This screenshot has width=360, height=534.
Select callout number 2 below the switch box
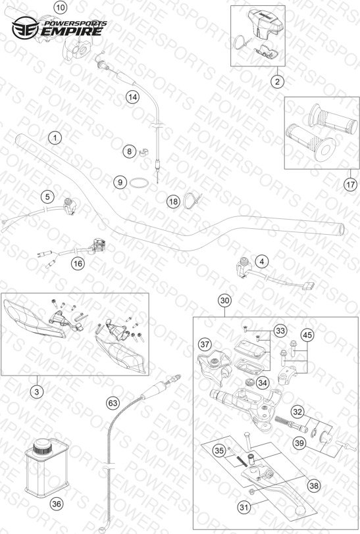pos(277,82)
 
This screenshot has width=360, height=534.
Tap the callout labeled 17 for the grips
pos(350,185)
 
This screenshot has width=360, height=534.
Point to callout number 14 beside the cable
pos(132,97)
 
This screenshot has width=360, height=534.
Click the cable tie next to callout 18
pos(192,200)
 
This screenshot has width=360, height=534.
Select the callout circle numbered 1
pos(55,138)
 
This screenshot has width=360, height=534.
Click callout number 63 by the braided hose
pos(113,403)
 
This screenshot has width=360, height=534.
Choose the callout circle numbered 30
pos(224,301)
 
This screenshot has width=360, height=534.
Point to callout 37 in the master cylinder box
pos(205,345)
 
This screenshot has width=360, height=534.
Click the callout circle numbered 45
pos(307,335)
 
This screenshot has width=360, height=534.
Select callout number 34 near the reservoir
pos(262,383)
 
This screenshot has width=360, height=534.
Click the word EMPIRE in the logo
pos(72,32)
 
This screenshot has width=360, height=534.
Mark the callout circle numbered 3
pos(37,392)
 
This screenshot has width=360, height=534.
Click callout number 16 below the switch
pos(78,263)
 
